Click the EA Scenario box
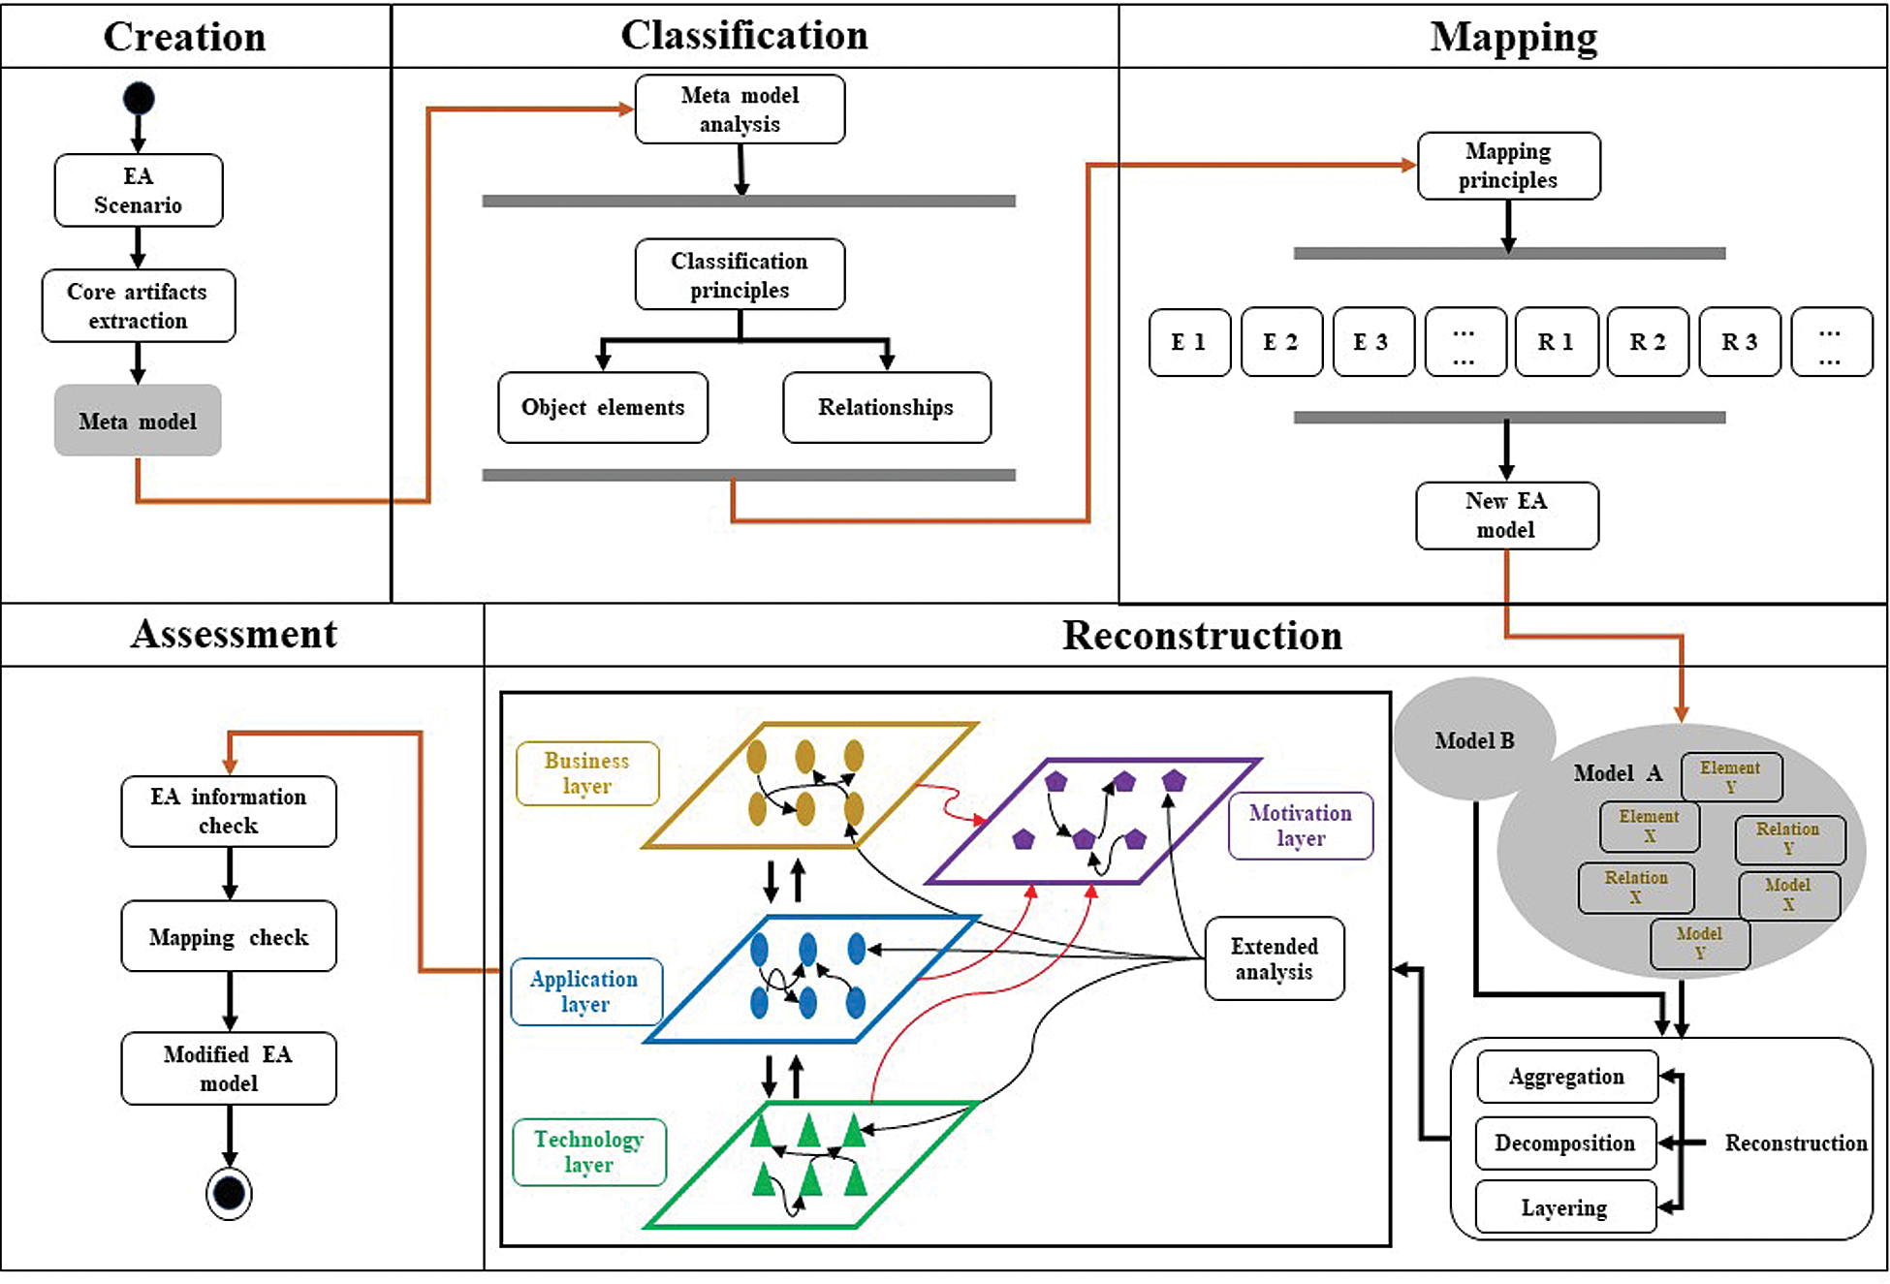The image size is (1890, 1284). click(x=139, y=191)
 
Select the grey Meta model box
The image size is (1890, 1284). click(x=138, y=421)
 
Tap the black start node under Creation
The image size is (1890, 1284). click(x=139, y=98)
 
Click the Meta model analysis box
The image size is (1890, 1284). click(x=740, y=110)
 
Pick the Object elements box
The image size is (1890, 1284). click(x=603, y=408)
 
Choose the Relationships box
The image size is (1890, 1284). click(x=886, y=408)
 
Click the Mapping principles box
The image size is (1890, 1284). click(x=1508, y=166)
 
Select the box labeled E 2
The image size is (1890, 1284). click(x=1281, y=342)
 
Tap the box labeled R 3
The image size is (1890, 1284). click(x=1740, y=342)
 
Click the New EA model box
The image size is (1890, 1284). click(x=1506, y=516)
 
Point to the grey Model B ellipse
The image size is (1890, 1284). click(x=1473, y=740)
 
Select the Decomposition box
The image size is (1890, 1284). click(x=1565, y=1143)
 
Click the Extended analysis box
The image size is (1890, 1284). click(x=1275, y=958)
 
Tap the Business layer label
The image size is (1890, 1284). click(x=587, y=773)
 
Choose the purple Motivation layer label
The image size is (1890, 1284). click(x=1301, y=826)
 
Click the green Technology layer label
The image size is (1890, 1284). click(x=589, y=1152)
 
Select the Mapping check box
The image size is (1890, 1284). click(x=229, y=937)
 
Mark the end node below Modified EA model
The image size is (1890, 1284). click(x=230, y=1193)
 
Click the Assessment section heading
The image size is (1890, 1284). click(x=235, y=635)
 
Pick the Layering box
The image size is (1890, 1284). click(x=1565, y=1207)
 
